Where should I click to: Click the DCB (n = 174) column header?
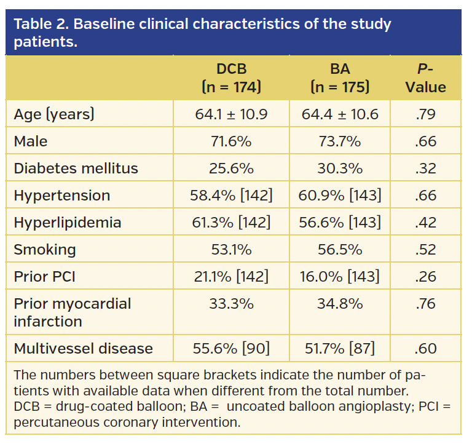click(231, 77)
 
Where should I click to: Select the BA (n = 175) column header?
click(340, 77)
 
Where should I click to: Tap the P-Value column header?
click(425, 77)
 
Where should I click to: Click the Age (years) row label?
click(54, 114)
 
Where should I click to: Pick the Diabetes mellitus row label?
click(76, 168)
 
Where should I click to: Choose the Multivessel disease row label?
click(83, 349)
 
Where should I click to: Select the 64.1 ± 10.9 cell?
click(231, 114)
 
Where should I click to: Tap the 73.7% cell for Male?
click(340, 141)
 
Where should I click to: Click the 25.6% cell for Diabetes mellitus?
click(231, 168)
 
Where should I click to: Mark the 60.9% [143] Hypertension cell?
click(340, 196)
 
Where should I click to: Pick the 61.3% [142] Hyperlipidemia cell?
click(231, 223)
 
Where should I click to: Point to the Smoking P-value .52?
click(425, 250)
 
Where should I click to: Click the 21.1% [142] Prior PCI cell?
click(231, 277)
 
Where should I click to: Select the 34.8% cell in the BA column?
click(340, 304)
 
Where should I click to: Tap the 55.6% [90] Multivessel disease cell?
click(231, 349)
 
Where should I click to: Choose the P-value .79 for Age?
click(425, 114)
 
